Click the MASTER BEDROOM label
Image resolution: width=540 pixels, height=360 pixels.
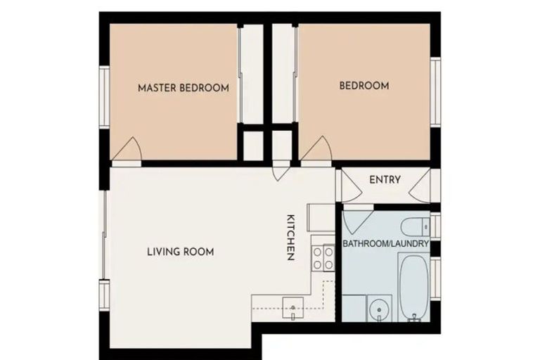point(183,88)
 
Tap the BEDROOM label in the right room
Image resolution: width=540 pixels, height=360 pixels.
point(364,86)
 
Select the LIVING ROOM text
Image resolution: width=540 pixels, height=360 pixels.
point(180,252)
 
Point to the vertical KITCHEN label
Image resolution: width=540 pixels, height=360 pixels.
point(289,237)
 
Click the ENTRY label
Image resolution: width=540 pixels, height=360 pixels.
point(385,180)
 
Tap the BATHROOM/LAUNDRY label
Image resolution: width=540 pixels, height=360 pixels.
point(385,243)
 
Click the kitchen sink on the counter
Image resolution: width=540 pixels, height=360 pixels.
point(292,306)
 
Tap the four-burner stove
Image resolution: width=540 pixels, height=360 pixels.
point(323,258)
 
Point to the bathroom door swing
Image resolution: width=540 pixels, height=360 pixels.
point(356,220)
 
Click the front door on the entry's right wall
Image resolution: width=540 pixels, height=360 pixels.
point(423,186)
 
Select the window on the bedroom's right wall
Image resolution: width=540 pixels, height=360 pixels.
point(435,92)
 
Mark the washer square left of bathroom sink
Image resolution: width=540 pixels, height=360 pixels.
point(354,308)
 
